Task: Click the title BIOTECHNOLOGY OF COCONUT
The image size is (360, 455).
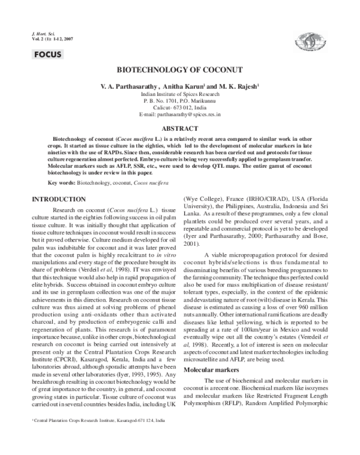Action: [179, 70]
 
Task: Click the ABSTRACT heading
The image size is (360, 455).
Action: [179, 128]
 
